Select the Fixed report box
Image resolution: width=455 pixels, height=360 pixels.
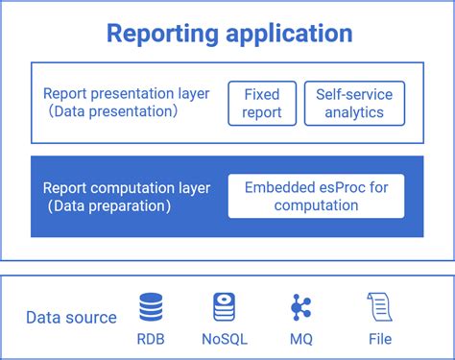click(x=262, y=104)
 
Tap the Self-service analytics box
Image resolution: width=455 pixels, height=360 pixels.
click(x=354, y=104)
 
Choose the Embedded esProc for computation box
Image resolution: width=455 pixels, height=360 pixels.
click(x=316, y=196)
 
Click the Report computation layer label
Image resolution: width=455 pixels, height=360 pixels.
click(x=129, y=187)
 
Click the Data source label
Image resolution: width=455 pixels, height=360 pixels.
click(x=71, y=318)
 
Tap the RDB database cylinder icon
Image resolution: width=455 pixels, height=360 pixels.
click(x=151, y=308)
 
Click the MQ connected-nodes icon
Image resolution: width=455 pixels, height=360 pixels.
click(x=300, y=308)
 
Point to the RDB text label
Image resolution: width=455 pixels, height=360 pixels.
click(x=151, y=339)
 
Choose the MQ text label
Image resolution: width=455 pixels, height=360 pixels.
click(x=300, y=339)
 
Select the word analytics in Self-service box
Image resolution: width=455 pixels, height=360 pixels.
click(x=354, y=113)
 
